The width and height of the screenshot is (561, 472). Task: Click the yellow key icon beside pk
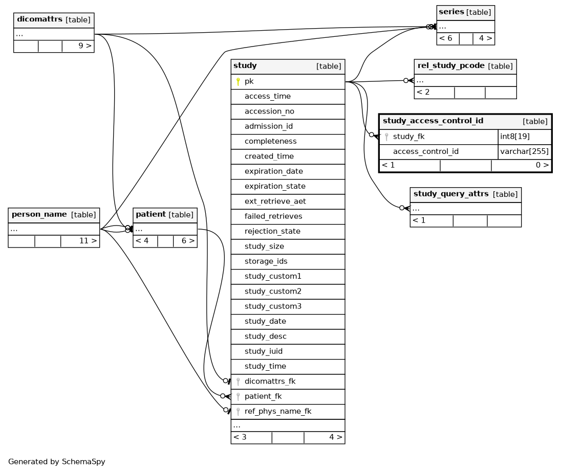238,82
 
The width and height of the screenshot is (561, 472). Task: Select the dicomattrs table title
39,19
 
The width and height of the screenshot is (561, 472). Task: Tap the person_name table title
39,215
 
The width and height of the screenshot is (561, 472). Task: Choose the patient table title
150,215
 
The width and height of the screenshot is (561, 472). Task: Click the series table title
451,12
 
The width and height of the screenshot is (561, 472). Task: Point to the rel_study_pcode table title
451,66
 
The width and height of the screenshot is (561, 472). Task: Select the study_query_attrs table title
451,194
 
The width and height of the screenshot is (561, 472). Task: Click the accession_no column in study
269,111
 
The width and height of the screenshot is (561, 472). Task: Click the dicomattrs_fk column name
270,381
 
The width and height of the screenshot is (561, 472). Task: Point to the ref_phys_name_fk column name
278,412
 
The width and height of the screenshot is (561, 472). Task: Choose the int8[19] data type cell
515,137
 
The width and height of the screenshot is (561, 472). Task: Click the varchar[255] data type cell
524,151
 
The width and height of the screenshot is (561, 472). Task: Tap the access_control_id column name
426,151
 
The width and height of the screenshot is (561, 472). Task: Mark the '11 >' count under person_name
88,241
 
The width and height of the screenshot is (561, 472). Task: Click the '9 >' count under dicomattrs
85,46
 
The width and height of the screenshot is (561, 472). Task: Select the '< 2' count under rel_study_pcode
423,92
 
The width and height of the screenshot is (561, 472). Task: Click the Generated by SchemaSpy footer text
56,462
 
